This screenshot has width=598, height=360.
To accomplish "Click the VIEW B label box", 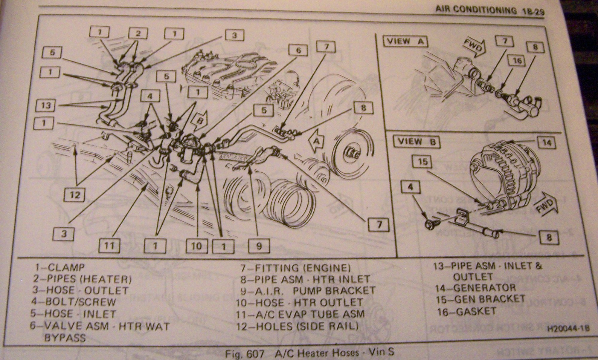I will tap(418, 142).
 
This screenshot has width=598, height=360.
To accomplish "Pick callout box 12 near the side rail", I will tap(75, 195).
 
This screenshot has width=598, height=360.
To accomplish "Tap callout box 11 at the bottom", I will tap(109, 245).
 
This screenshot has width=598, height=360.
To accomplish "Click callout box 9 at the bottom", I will tap(259, 246).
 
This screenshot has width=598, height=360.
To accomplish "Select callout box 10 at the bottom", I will tap(196, 246).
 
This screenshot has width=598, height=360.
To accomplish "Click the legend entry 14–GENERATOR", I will tap(475, 288).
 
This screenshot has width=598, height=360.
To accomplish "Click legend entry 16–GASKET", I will tap(466, 311).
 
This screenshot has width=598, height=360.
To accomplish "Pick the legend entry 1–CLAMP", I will tap(59, 267).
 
